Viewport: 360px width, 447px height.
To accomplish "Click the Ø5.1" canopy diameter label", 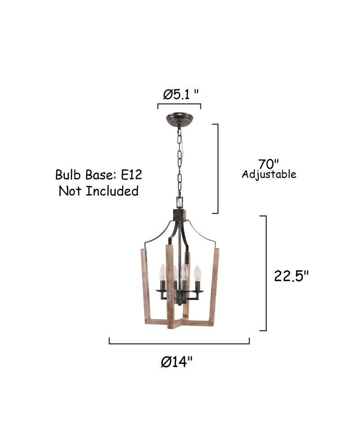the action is click(x=180, y=94).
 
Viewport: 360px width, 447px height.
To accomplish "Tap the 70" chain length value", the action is click(x=269, y=164).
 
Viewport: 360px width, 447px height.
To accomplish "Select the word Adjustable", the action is click(x=269, y=174).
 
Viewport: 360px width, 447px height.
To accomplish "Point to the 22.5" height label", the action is click(x=291, y=276).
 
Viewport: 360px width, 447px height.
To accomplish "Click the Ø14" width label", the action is click(x=177, y=362).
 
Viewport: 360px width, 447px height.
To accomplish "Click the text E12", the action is click(x=131, y=175).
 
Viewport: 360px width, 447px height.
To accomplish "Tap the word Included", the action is click(x=112, y=191).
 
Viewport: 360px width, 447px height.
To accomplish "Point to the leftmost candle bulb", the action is click(x=162, y=272).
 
